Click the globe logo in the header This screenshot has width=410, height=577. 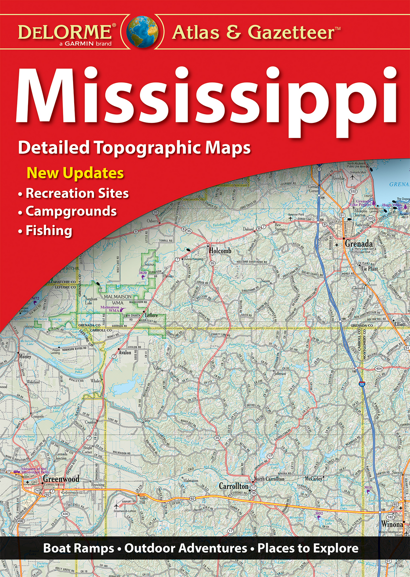point(142,32)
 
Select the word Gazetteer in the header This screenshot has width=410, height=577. point(292,32)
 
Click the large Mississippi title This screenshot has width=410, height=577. point(206,96)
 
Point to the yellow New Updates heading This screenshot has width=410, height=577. point(75,173)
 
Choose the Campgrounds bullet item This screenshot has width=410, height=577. point(71,211)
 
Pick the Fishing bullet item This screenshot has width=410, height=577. point(48,230)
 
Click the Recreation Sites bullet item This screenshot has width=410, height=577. point(77,193)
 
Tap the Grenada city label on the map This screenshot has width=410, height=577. point(358,244)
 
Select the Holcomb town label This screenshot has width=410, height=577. point(220,251)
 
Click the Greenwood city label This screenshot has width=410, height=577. point(61,479)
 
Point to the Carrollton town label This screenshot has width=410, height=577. point(233,486)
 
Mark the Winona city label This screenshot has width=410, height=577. point(392,524)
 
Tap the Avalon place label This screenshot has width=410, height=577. point(125,352)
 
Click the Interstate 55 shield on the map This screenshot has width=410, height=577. point(362,384)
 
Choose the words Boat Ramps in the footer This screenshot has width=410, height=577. point(78,548)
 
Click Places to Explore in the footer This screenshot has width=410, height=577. point(308,548)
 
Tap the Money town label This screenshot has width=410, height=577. point(25,356)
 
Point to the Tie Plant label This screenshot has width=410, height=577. point(369,269)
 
